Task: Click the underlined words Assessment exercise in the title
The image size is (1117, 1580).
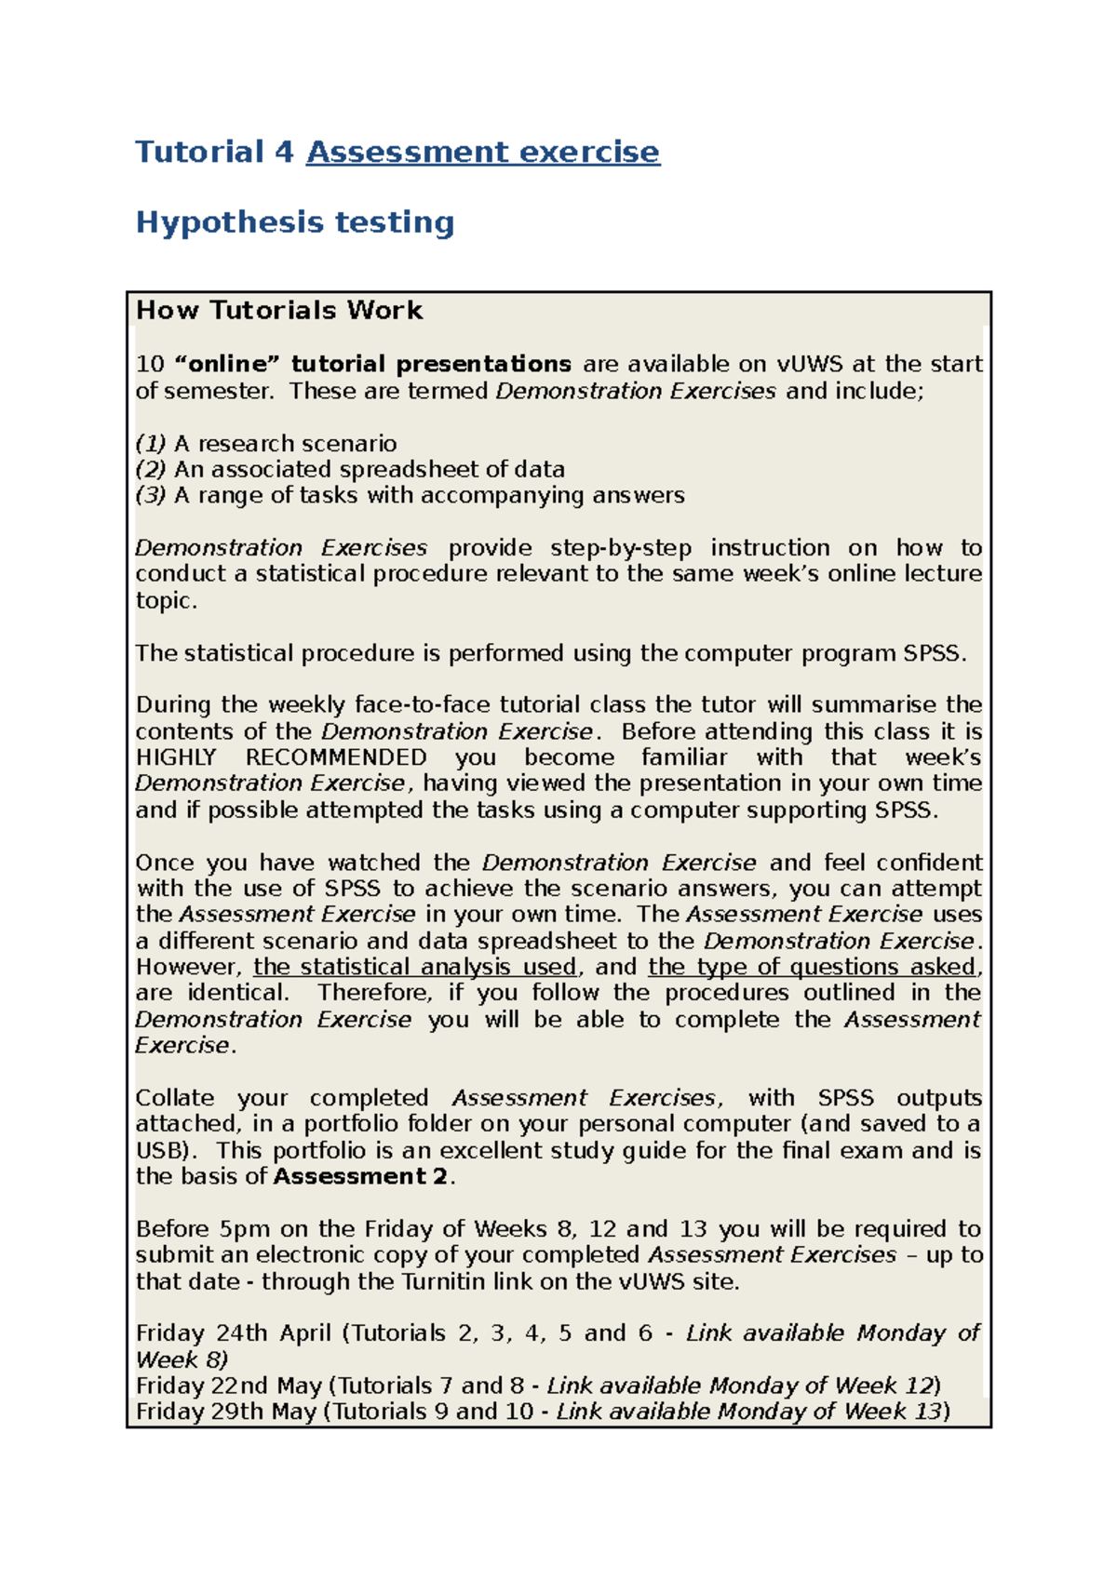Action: point(482,152)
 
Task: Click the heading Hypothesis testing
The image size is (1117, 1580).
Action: point(294,222)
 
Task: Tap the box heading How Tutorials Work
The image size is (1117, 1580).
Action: point(278,310)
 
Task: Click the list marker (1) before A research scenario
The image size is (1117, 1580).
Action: point(150,444)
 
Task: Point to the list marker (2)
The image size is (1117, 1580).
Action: point(150,470)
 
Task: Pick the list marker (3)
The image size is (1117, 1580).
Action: point(150,496)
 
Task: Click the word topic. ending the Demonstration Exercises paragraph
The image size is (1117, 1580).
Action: point(166,601)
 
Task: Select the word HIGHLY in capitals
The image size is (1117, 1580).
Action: point(176,757)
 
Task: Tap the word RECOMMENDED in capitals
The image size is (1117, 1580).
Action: point(336,757)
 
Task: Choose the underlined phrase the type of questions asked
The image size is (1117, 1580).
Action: point(813,967)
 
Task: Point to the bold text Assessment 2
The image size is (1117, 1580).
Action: point(360,1177)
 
